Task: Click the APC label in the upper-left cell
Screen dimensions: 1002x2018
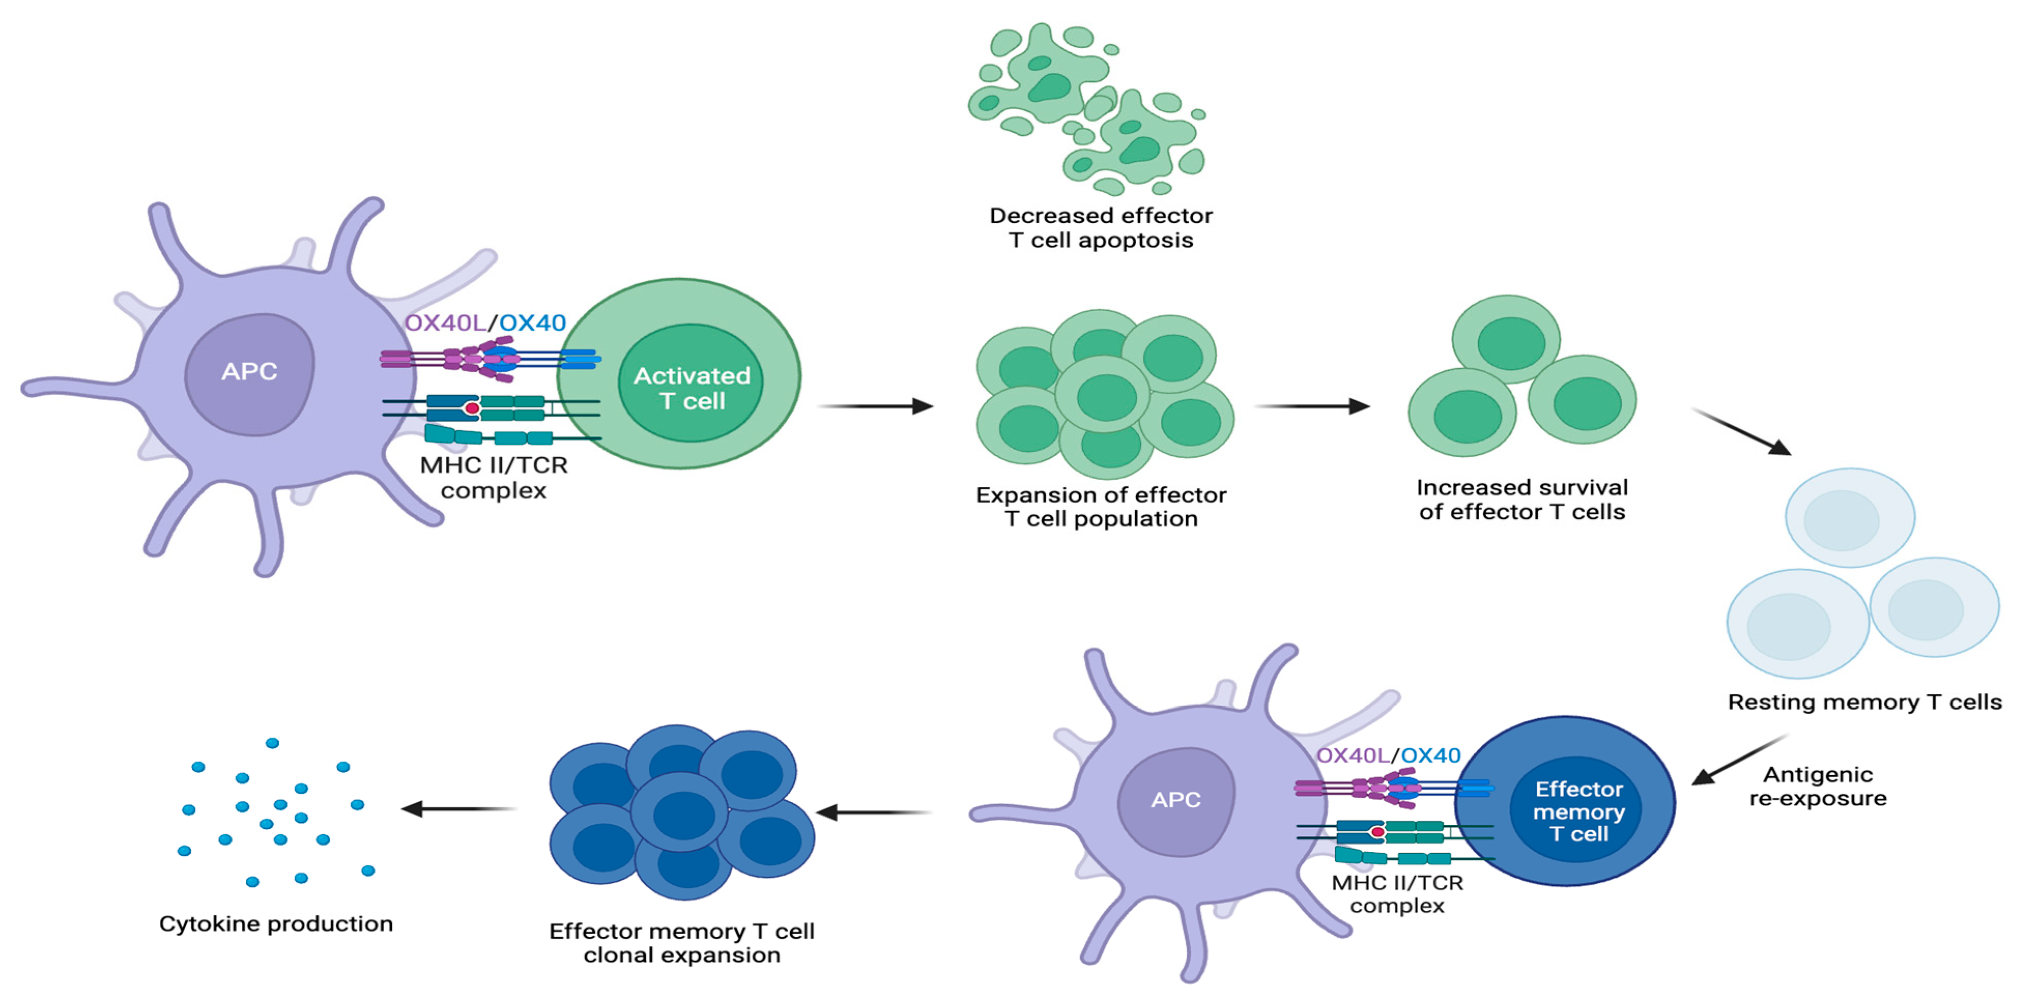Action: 249,371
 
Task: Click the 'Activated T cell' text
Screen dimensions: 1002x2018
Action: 692,388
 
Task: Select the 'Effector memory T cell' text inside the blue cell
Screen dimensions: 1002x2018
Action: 1578,811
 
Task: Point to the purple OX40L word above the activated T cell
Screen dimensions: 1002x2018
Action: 444,323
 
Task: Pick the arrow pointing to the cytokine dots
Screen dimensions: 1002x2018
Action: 458,808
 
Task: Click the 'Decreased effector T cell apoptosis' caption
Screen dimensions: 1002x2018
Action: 1100,227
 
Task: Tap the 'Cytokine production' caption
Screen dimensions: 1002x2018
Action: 276,924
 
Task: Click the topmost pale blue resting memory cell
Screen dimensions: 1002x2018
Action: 1850,517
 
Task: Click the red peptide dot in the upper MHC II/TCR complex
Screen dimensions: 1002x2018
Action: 472,408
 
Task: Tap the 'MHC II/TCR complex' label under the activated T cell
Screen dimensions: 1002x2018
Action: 493,477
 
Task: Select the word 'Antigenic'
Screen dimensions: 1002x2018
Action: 1818,775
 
